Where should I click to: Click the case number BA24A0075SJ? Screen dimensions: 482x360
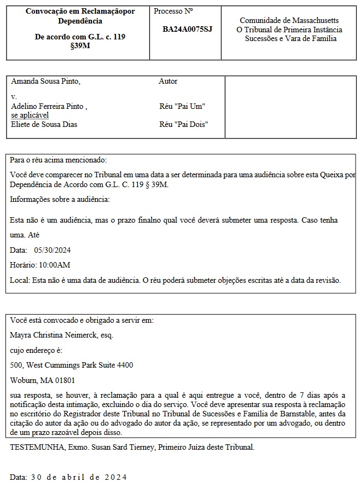tap(187, 28)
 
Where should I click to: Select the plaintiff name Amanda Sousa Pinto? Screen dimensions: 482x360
tap(45, 81)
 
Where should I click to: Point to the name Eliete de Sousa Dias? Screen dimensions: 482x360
tap(44, 124)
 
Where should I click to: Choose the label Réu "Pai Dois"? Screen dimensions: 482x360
tap(183, 124)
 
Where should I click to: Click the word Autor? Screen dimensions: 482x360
tap(168, 81)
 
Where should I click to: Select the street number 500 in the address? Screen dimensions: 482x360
tap(16, 365)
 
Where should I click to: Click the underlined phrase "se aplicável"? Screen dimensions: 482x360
tap(30, 115)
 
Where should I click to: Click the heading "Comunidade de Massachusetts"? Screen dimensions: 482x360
tap(289, 20)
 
